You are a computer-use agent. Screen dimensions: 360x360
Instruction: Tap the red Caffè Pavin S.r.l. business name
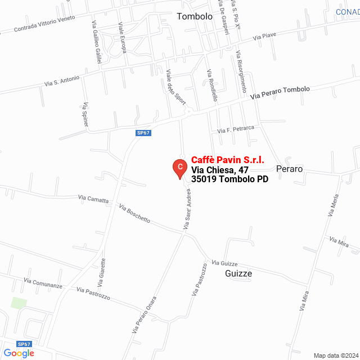[x=228, y=160]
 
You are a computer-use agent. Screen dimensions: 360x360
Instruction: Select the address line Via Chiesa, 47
[x=220, y=169]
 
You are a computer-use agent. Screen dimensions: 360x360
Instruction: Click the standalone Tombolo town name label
[x=195, y=16]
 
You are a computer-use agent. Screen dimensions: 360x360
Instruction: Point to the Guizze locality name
[x=238, y=273]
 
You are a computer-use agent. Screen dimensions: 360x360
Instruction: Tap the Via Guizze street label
[x=225, y=263]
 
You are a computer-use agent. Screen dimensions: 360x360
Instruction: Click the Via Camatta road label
[x=94, y=199]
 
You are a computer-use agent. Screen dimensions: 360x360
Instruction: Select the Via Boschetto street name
[x=135, y=214]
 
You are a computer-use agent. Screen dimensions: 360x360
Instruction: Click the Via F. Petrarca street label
[x=236, y=129]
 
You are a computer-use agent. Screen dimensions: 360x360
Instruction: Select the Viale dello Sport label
[x=175, y=87]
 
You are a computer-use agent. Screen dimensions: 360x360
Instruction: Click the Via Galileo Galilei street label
[x=96, y=43]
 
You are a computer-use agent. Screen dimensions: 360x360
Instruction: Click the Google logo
[x=19, y=353]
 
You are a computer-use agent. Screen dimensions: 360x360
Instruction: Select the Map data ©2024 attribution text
[x=335, y=355]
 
